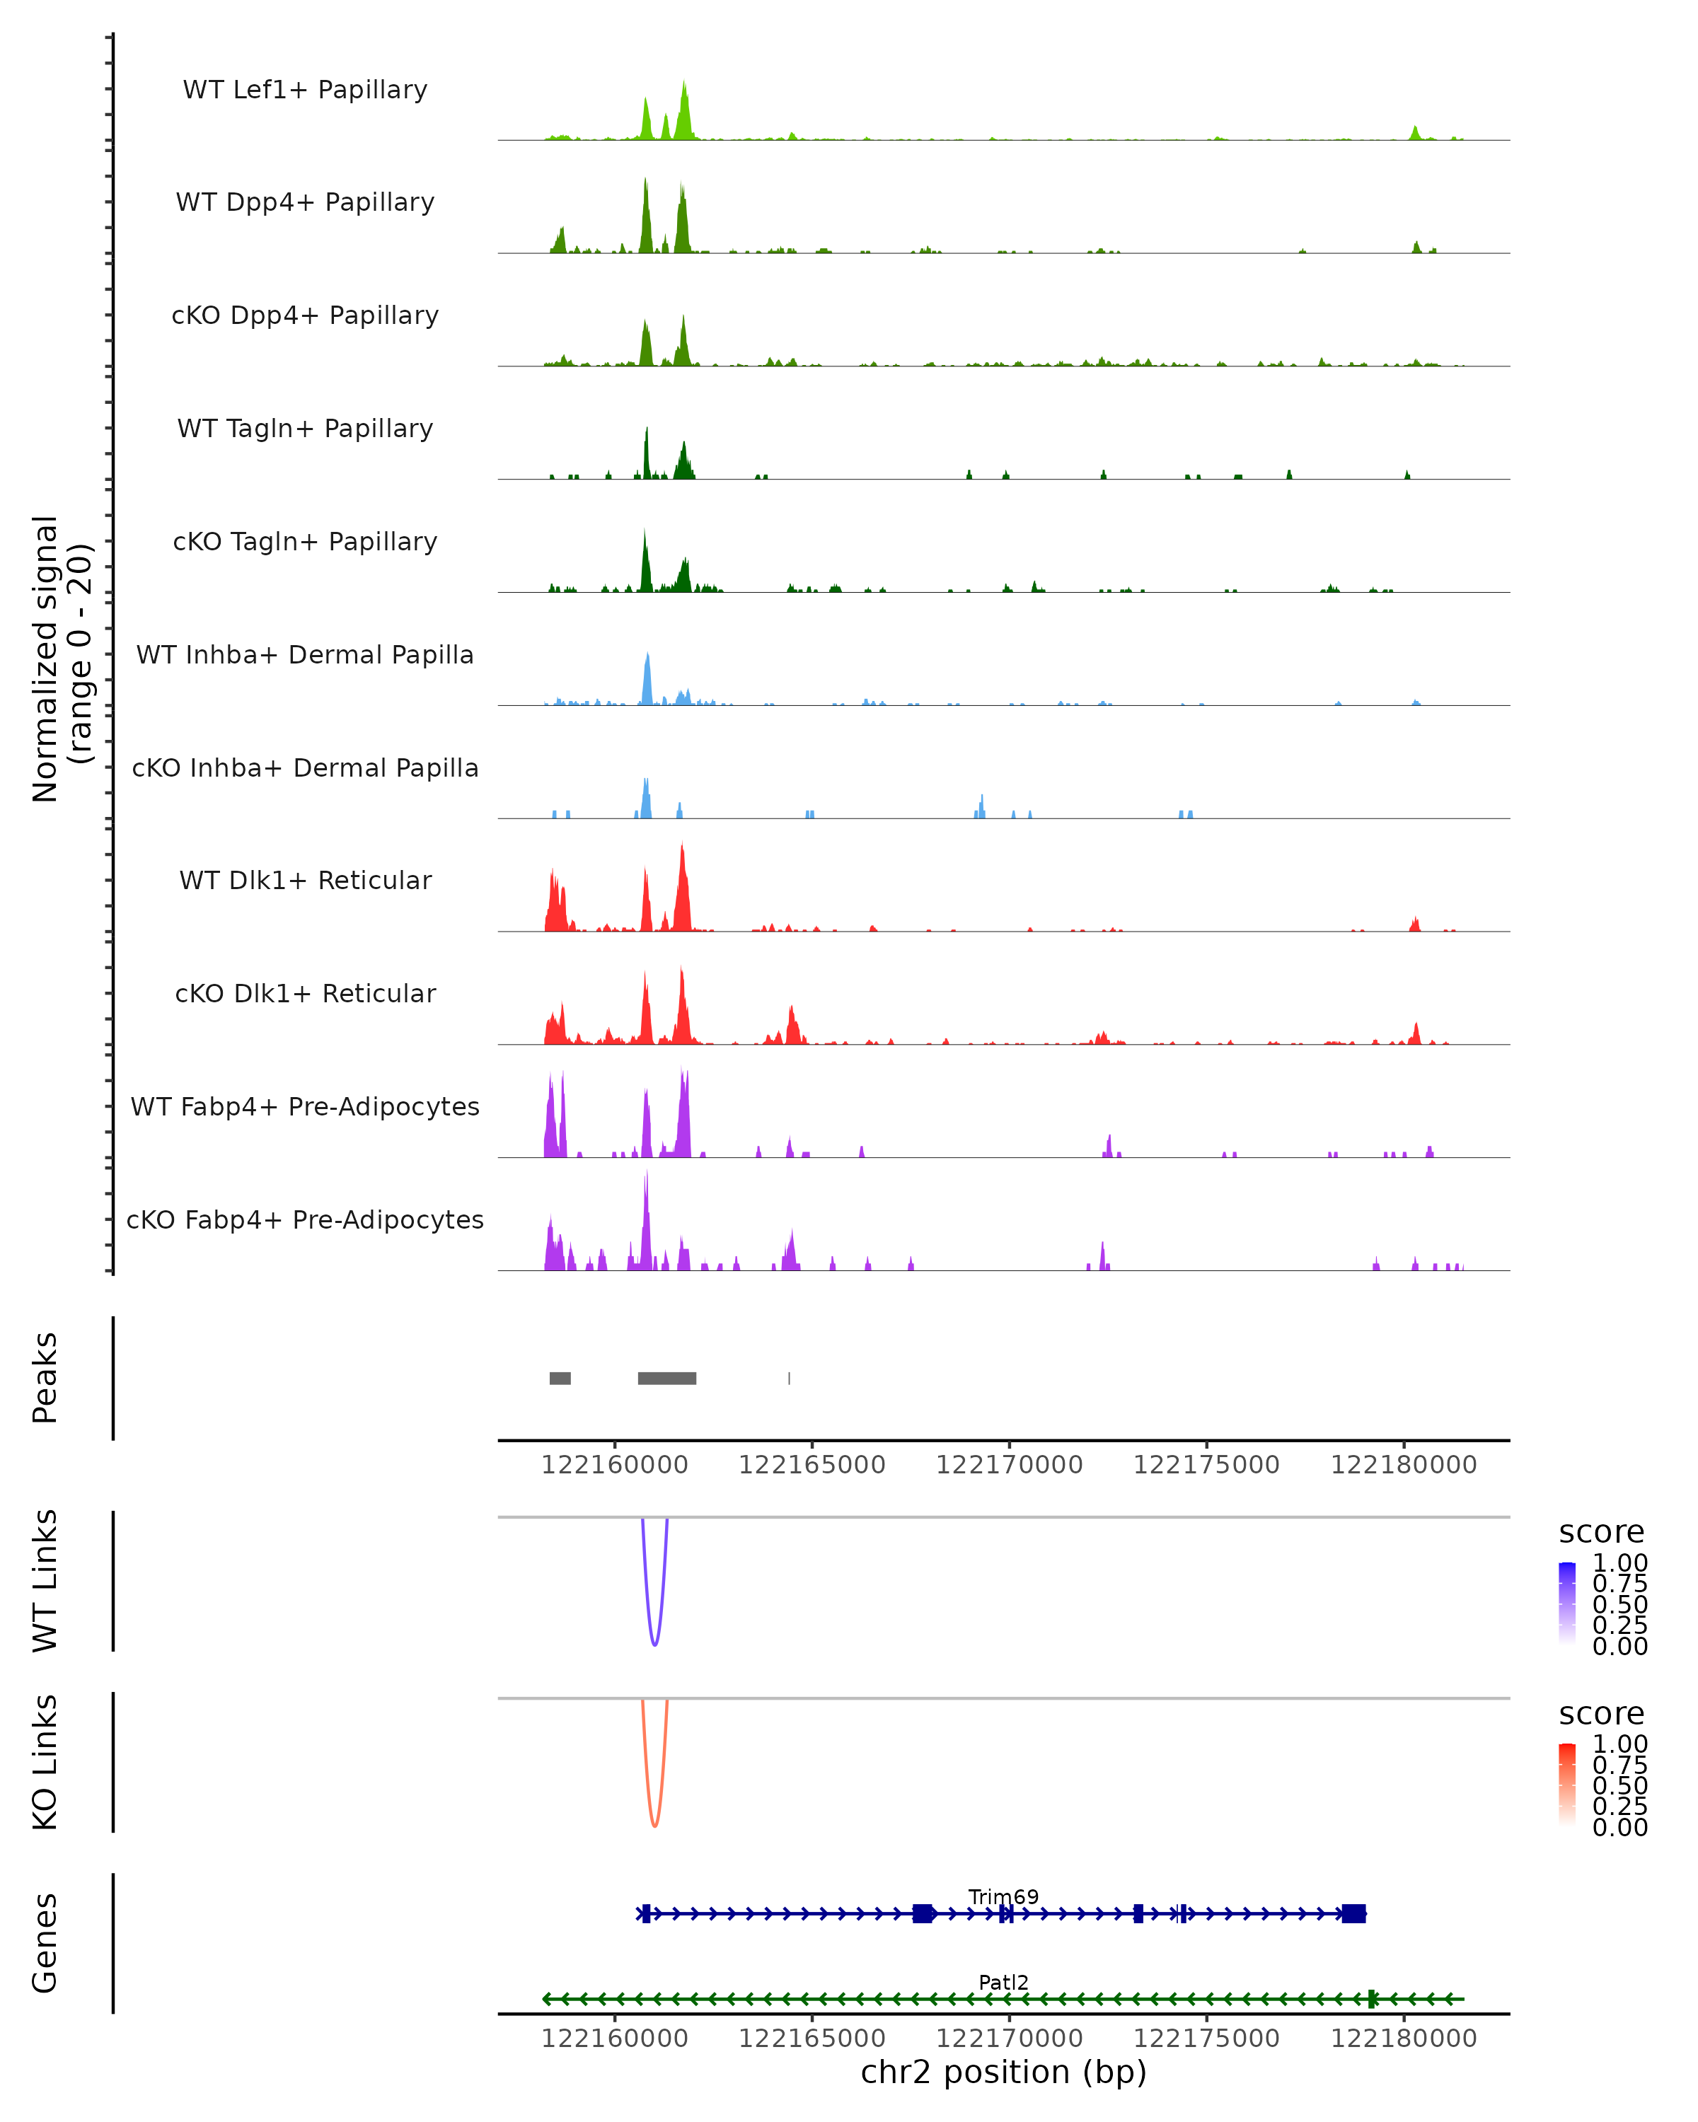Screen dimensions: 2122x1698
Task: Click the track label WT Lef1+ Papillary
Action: pos(305,90)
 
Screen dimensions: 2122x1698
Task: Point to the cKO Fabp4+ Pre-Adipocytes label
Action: pos(305,1219)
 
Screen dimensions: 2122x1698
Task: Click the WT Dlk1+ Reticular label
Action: pos(305,880)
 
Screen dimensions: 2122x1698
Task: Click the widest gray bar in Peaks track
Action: pos(666,1378)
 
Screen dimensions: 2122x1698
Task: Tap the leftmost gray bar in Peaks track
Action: pos(560,1378)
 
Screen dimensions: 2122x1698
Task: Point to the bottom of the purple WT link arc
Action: pos(654,1644)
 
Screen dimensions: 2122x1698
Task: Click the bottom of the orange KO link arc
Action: pos(654,1826)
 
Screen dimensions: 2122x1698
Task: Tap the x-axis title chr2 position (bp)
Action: pos(1003,2072)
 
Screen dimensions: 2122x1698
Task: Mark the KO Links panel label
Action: pos(45,1762)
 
